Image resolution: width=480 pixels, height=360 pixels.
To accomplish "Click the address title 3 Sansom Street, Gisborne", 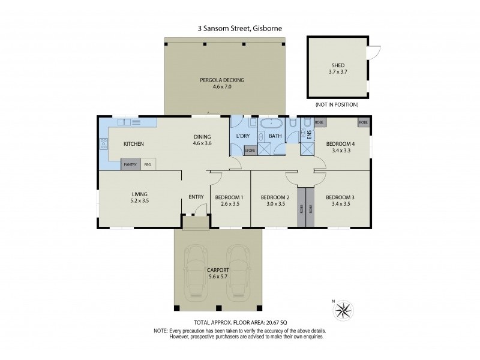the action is (239, 28).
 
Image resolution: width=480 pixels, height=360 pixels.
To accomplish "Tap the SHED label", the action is (338, 65).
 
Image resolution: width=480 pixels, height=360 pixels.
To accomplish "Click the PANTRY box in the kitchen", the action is (130, 164).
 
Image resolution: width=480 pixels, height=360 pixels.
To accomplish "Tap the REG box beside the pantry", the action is (148, 164).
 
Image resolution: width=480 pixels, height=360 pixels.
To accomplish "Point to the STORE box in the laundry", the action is (250, 151).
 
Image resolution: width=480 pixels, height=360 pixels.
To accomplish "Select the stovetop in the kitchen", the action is (104, 143).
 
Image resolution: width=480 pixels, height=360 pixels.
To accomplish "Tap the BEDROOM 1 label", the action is (229, 197).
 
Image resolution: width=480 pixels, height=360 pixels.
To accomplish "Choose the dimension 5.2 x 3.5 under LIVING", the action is (140, 201).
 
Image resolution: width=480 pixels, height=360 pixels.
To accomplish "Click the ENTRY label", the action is (196, 197).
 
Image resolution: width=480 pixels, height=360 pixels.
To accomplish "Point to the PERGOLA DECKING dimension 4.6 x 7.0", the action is (222, 86).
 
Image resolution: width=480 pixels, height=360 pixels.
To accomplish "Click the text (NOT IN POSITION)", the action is (337, 104).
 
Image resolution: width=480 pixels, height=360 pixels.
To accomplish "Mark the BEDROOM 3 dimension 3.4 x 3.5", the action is (341, 204).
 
